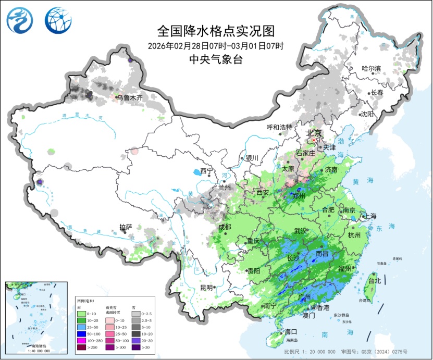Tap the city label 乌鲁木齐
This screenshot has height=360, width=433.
129,97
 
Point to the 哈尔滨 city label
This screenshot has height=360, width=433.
372,68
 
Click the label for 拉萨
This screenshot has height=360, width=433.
126,227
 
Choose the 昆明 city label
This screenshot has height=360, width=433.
206,287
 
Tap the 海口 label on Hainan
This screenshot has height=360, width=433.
291,331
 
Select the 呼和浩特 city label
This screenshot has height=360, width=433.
279,127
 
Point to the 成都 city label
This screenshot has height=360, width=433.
225,227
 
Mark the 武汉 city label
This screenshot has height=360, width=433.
301,230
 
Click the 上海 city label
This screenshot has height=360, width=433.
370,215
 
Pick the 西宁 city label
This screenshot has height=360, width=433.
207,171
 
